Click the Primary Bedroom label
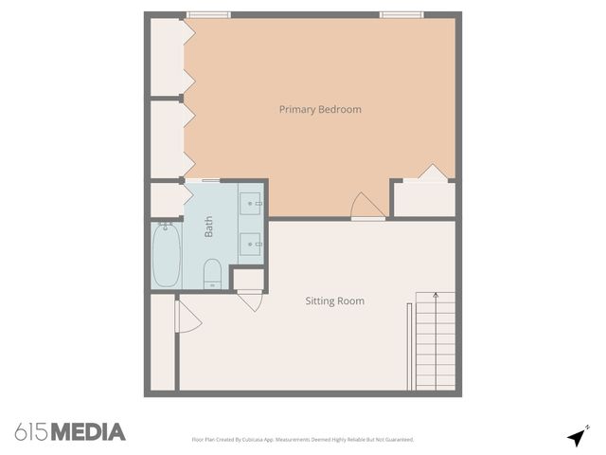pyautogui.click(x=320, y=110)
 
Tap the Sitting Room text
pyautogui.click(x=334, y=301)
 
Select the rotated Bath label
pyautogui.click(x=209, y=227)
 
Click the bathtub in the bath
pyautogui.click(x=167, y=255)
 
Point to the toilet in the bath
pyautogui.click(x=212, y=273)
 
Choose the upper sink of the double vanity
pyautogui.click(x=252, y=202)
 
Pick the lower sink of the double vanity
pyautogui.click(x=252, y=244)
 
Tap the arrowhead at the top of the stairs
pyautogui.click(x=435, y=296)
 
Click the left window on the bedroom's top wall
pyautogui.click(x=208, y=15)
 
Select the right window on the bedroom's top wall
pyautogui.click(x=401, y=15)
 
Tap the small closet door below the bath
pyautogui.click(x=249, y=300)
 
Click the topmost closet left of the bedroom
pyautogui.click(x=169, y=57)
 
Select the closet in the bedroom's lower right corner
pyautogui.click(x=423, y=198)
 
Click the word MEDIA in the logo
pyautogui.click(x=87, y=432)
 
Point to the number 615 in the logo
pyautogui.click(x=31, y=432)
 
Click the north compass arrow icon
pyautogui.click(x=576, y=437)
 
